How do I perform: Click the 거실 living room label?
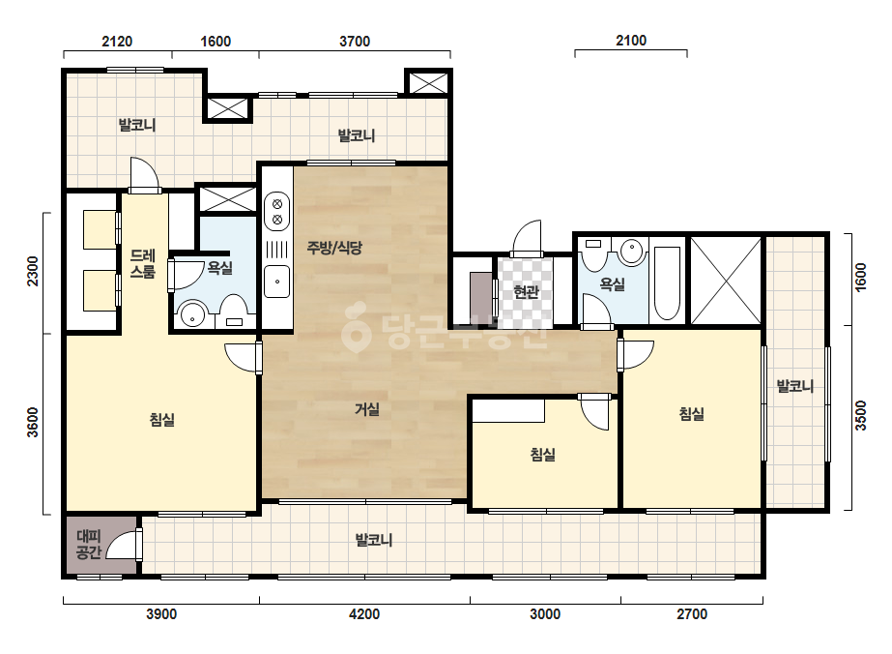[367, 409]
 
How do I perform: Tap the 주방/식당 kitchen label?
[334, 248]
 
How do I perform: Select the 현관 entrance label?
[526, 291]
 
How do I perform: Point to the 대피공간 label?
[89, 544]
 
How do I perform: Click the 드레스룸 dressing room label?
[142, 263]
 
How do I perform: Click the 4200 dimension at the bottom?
[364, 614]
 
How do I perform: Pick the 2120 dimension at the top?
[117, 41]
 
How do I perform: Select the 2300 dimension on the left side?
[33, 271]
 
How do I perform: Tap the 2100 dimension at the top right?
[631, 41]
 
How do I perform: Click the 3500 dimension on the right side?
[860, 415]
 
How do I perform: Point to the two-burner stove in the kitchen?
[277, 211]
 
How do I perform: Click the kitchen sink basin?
[277, 282]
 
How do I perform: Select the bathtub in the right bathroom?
[667, 283]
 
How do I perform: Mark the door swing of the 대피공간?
[121, 544]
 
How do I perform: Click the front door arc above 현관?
[527, 236]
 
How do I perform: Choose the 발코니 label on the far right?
[795, 386]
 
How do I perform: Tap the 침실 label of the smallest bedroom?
[543, 454]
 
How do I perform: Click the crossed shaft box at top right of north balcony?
[428, 82]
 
